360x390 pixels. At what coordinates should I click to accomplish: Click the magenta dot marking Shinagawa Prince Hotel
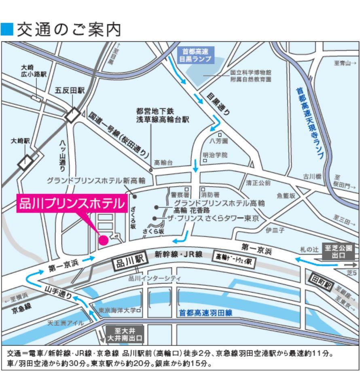click(104, 240)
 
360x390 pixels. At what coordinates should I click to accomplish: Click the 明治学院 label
click(215, 155)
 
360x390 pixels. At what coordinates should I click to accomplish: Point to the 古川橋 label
click(312, 176)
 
